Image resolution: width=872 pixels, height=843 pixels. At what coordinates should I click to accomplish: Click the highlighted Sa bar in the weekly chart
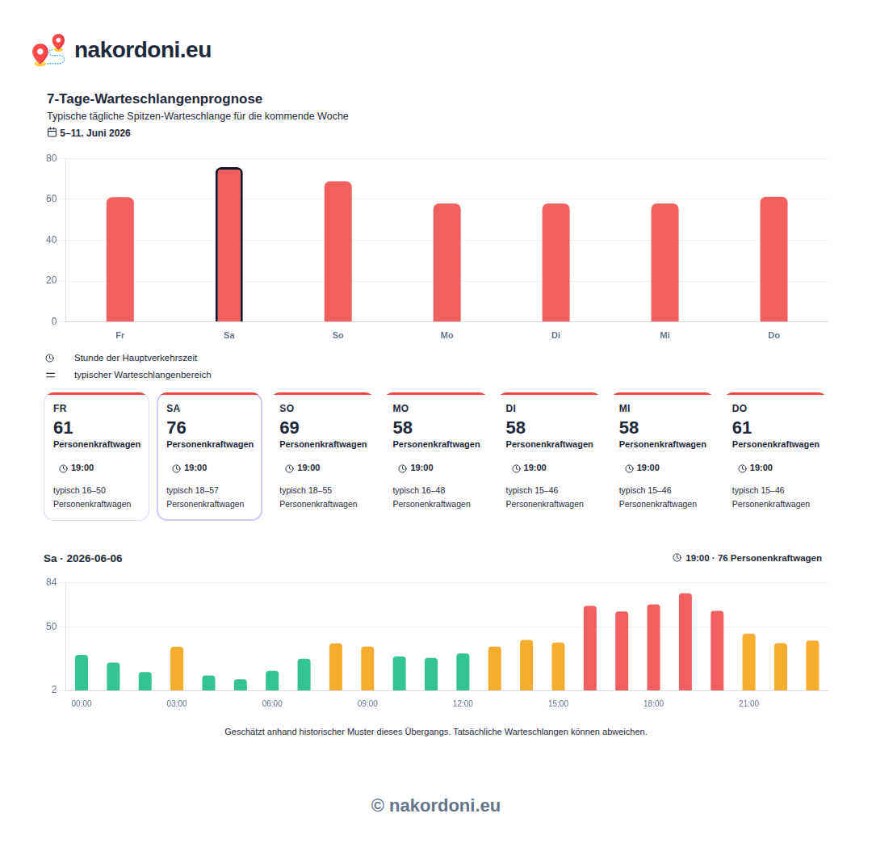click(x=229, y=245)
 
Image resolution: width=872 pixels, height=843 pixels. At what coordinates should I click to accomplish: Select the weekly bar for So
click(x=338, y=251)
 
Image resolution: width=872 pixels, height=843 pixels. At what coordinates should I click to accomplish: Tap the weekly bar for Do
click(x=773, y=259)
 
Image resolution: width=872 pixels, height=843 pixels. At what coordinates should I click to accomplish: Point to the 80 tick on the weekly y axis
click(x=51, y=158)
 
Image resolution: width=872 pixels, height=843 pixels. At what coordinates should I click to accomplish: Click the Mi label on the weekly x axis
click(x=664, y=335)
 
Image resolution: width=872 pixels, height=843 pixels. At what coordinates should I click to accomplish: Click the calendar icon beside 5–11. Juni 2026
click(x=52, y=132)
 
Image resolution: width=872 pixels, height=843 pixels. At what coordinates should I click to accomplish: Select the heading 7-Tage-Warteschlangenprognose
click(x=154, y=99)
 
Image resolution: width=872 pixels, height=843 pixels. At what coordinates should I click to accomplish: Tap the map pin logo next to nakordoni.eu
click(x=48, y=50)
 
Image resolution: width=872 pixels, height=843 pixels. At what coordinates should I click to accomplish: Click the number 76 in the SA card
click(x=176, y=428)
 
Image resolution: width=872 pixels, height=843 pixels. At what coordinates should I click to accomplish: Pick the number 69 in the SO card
click(x=289, y=428)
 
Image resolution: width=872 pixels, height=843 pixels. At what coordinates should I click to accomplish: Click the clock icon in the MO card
click(x=403, y=468)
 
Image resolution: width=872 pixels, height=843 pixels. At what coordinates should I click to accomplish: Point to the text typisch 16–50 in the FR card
click(x=79, y=490)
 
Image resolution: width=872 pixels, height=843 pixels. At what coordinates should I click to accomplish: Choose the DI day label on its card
click(x=510, y=408)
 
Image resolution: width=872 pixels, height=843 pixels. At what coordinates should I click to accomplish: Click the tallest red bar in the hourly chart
click(x=685, y=642)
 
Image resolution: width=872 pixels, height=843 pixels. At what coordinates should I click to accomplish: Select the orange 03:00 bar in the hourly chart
click(x=177, y=669)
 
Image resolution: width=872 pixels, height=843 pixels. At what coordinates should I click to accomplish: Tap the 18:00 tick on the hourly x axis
click(x=653, y=703)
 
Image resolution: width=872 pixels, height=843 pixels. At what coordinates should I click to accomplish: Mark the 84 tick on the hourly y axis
click(x=51, y=582)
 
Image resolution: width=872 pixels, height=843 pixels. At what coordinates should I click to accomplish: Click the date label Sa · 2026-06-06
click(x=83, y=558)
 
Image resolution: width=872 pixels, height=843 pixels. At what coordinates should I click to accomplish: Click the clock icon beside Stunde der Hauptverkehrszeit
click(x=50, y=358)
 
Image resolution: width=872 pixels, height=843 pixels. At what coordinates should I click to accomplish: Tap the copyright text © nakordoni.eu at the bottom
click(x=436, y=805)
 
